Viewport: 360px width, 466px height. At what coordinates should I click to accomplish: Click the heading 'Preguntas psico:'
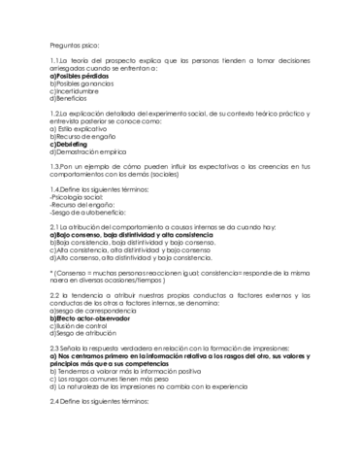coord(75,45)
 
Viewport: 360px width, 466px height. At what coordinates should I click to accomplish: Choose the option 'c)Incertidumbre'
coord(74,92)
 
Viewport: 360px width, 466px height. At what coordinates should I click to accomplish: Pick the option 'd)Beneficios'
coord(70,100)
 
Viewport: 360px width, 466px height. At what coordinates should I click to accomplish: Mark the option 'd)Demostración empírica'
coord(88,151)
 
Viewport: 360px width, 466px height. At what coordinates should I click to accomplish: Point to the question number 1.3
coord(55,166)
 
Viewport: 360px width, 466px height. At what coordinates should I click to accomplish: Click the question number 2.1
coord(55,225)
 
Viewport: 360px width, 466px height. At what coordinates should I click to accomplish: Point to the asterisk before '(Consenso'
coord(51,275)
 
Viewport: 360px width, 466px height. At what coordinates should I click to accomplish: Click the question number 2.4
coord(55,399)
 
